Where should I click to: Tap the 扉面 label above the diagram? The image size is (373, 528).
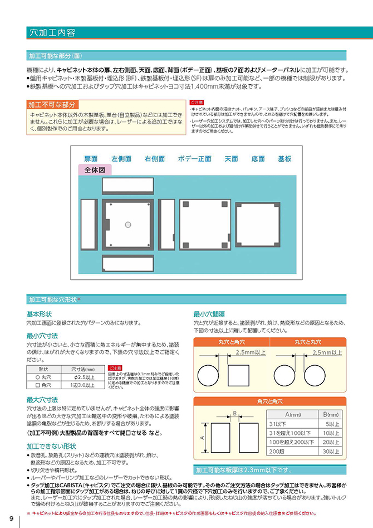tap(91, 159)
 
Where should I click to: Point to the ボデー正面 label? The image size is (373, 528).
tap(195, 159)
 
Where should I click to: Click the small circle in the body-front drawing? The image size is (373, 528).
tap(128, 224)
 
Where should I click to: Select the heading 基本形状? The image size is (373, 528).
tap(39, 314)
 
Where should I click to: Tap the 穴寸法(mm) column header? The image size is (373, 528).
tap(84, 369)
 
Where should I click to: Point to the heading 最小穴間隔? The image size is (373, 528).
tap(209, 314)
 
